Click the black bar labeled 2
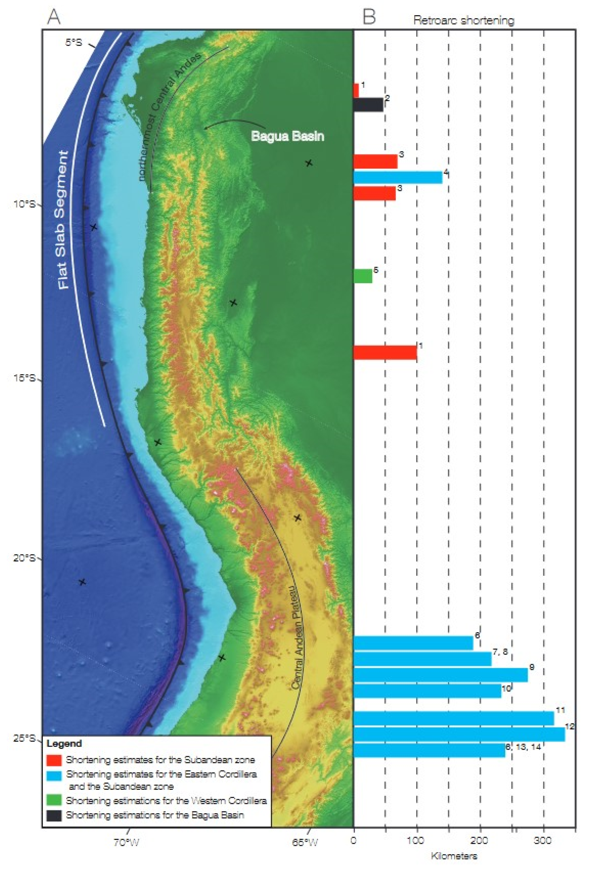click(x=368, y=105)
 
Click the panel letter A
click(x=53, y=17)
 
